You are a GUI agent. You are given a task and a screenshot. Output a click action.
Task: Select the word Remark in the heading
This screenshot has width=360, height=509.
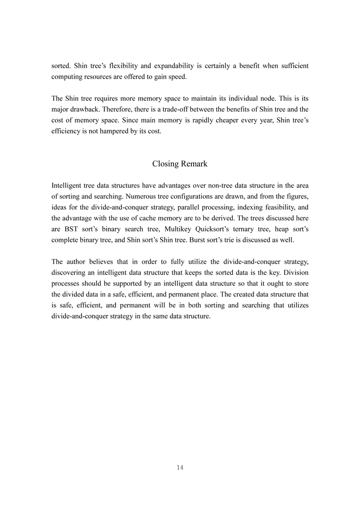(x=194, y=164)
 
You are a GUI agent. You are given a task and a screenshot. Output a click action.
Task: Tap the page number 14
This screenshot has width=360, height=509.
(x=180, y=467)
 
